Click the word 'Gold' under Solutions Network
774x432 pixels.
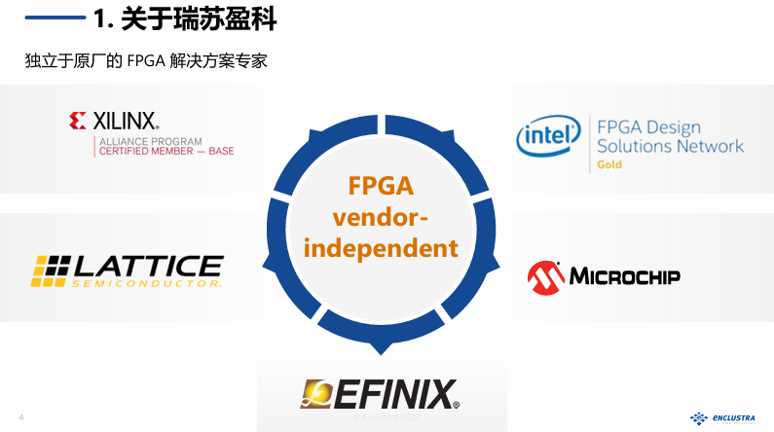pyautogui.click(x=609, y=164)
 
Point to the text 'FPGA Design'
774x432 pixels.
pyautogui.click(x=648, y=127)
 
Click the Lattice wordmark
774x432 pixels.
pyautogui.click(x=148, y=266)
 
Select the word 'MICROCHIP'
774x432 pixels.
pyautogui.click(x=624, y=276)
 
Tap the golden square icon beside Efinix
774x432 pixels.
pyautogui.click(x=317, y=394)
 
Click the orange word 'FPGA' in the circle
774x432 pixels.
pyautogui.click(x=381, y=185)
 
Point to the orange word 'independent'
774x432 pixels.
pyautogui.click(x=381, y=247)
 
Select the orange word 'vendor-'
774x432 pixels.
pyautogui.click(x=381, y=216)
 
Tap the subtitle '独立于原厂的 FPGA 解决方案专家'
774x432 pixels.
pyautogui.click(x=146, y=60)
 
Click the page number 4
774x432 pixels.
pyautogui.click(x=21, y=418)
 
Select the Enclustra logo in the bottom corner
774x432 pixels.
pyautogui.click(x=725, y=417)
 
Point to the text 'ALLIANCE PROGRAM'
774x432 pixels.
pyautogui.click(x=145, y=140)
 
